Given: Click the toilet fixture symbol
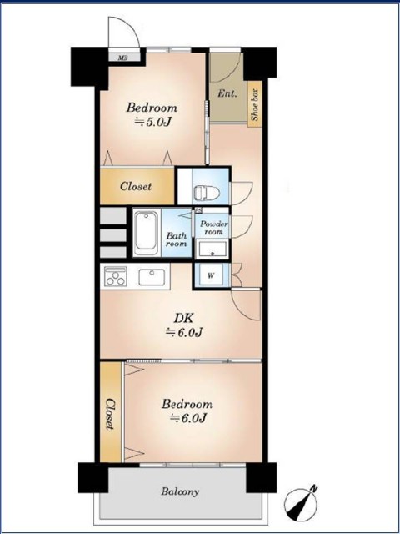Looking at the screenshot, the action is coord(207,194).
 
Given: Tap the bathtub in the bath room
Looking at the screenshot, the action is coord(147,234).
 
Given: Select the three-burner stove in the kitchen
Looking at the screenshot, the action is coord(116,276).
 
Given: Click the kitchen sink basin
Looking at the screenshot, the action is coord(152,277).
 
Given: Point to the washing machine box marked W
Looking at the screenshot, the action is coord(211,275).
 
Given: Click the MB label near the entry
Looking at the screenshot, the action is coord(122,58).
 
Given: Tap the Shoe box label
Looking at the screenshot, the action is coord(255,105).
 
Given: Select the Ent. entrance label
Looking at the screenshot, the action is coord(227,93).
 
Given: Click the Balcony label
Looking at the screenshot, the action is coord(180,491).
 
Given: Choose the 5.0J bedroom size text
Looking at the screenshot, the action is coord(152,122).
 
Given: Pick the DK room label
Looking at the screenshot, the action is coord(183,319).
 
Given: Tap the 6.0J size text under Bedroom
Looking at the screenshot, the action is coord(187,418).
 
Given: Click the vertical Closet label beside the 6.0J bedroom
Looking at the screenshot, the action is coord(110,414).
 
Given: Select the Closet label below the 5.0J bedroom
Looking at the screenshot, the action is coord(136,187).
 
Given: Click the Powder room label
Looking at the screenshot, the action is coord(213,228).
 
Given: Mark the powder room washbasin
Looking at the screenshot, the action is coord(212,250).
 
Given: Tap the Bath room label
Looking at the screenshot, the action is coord(176,239).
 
